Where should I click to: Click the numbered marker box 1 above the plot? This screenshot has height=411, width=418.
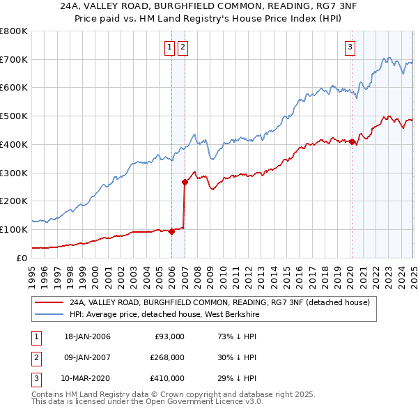click(x=169, y=47)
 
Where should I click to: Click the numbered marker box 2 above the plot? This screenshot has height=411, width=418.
click(x=183, y=47)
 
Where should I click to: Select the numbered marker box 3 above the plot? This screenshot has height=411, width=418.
click(x=349, y=47)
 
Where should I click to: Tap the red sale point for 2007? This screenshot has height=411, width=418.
click(x=185, y=183)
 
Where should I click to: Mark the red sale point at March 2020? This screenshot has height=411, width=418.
click(x=353, y=142)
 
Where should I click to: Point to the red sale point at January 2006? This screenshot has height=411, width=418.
click(x=172, y=232)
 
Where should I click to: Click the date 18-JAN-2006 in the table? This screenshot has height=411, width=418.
click(x=85, y=336)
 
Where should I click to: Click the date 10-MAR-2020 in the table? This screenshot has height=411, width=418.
click(x=85, y=378)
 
